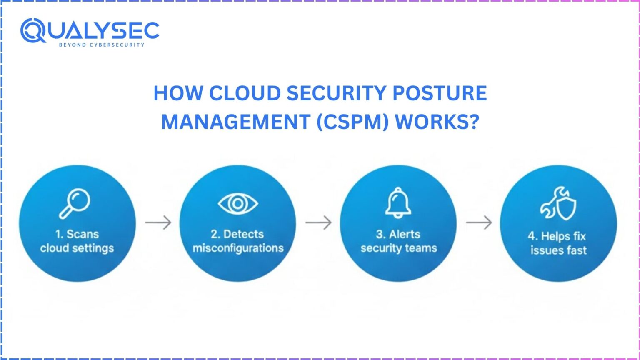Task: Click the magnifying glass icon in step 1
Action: click(x=75, y=203)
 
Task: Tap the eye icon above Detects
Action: click(x=237, y=203)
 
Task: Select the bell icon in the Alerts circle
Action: click(x=398, y=202)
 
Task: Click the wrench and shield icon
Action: click(x=558, y=204)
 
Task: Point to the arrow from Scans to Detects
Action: click(x=158, y=222)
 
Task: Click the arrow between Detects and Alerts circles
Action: click(x=318, y=222)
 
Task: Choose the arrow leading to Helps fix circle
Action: click(x=479, y=222)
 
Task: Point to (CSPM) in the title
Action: click(x=353, y=122)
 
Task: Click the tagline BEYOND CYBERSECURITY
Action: click(x=102, y=45)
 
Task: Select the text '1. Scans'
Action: click(x=77, y=234)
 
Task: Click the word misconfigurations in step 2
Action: click(x=238, y=248)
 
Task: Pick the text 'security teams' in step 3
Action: click(x=399, y=248)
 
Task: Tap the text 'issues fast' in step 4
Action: click(x=558, y=250)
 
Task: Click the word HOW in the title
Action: click(x=178, y=93)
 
